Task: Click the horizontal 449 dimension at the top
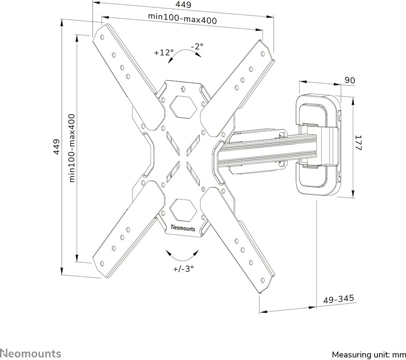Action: (x=183, y=5)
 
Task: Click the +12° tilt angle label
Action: (x=164, y=53)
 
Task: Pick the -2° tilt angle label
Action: (x=197, y=46)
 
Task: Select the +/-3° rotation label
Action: (x=183, y=269)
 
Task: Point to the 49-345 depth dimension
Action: (x=339, y=299)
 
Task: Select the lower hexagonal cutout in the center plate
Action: (x=183, y=207)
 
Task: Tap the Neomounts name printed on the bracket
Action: (x=183, y=228)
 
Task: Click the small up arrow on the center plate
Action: (x=183, y=88)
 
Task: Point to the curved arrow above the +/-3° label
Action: (x=183, y=255)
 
